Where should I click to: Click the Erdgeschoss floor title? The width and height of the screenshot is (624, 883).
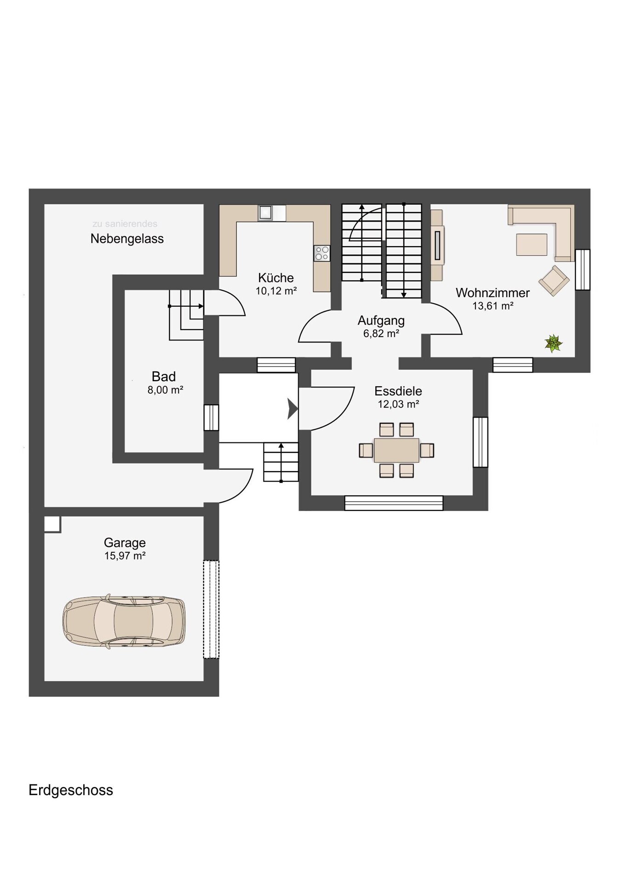point(71,790)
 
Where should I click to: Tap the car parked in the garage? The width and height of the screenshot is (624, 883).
point(124,621)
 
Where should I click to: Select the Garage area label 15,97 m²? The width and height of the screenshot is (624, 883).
point(125,556)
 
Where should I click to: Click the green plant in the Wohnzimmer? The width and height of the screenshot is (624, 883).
point(554,344)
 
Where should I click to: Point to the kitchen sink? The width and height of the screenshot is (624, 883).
point(265,212)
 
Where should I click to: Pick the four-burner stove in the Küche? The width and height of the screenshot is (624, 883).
point(322,253)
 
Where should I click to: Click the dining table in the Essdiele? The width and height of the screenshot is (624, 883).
point(396,450)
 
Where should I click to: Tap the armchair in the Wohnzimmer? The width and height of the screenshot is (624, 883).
point(554,281)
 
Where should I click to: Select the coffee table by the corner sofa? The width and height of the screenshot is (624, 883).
point(532,244)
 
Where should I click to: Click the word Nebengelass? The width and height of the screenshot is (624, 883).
point(127,239)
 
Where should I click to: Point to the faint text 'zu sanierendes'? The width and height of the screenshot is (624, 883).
point(125,224)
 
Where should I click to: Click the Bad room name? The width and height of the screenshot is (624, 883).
point(164,377)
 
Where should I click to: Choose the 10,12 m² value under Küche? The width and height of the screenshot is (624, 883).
point(276,291)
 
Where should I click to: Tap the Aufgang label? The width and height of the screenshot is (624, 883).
point(381,321)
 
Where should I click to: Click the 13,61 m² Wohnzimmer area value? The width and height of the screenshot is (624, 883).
point(492,305)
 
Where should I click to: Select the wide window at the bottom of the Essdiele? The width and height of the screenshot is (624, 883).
point(394,503)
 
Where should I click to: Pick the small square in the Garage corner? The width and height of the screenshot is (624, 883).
point(52,524)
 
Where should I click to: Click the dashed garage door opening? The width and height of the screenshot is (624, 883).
point(211,609)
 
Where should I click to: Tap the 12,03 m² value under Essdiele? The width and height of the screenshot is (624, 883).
point(398,404)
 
